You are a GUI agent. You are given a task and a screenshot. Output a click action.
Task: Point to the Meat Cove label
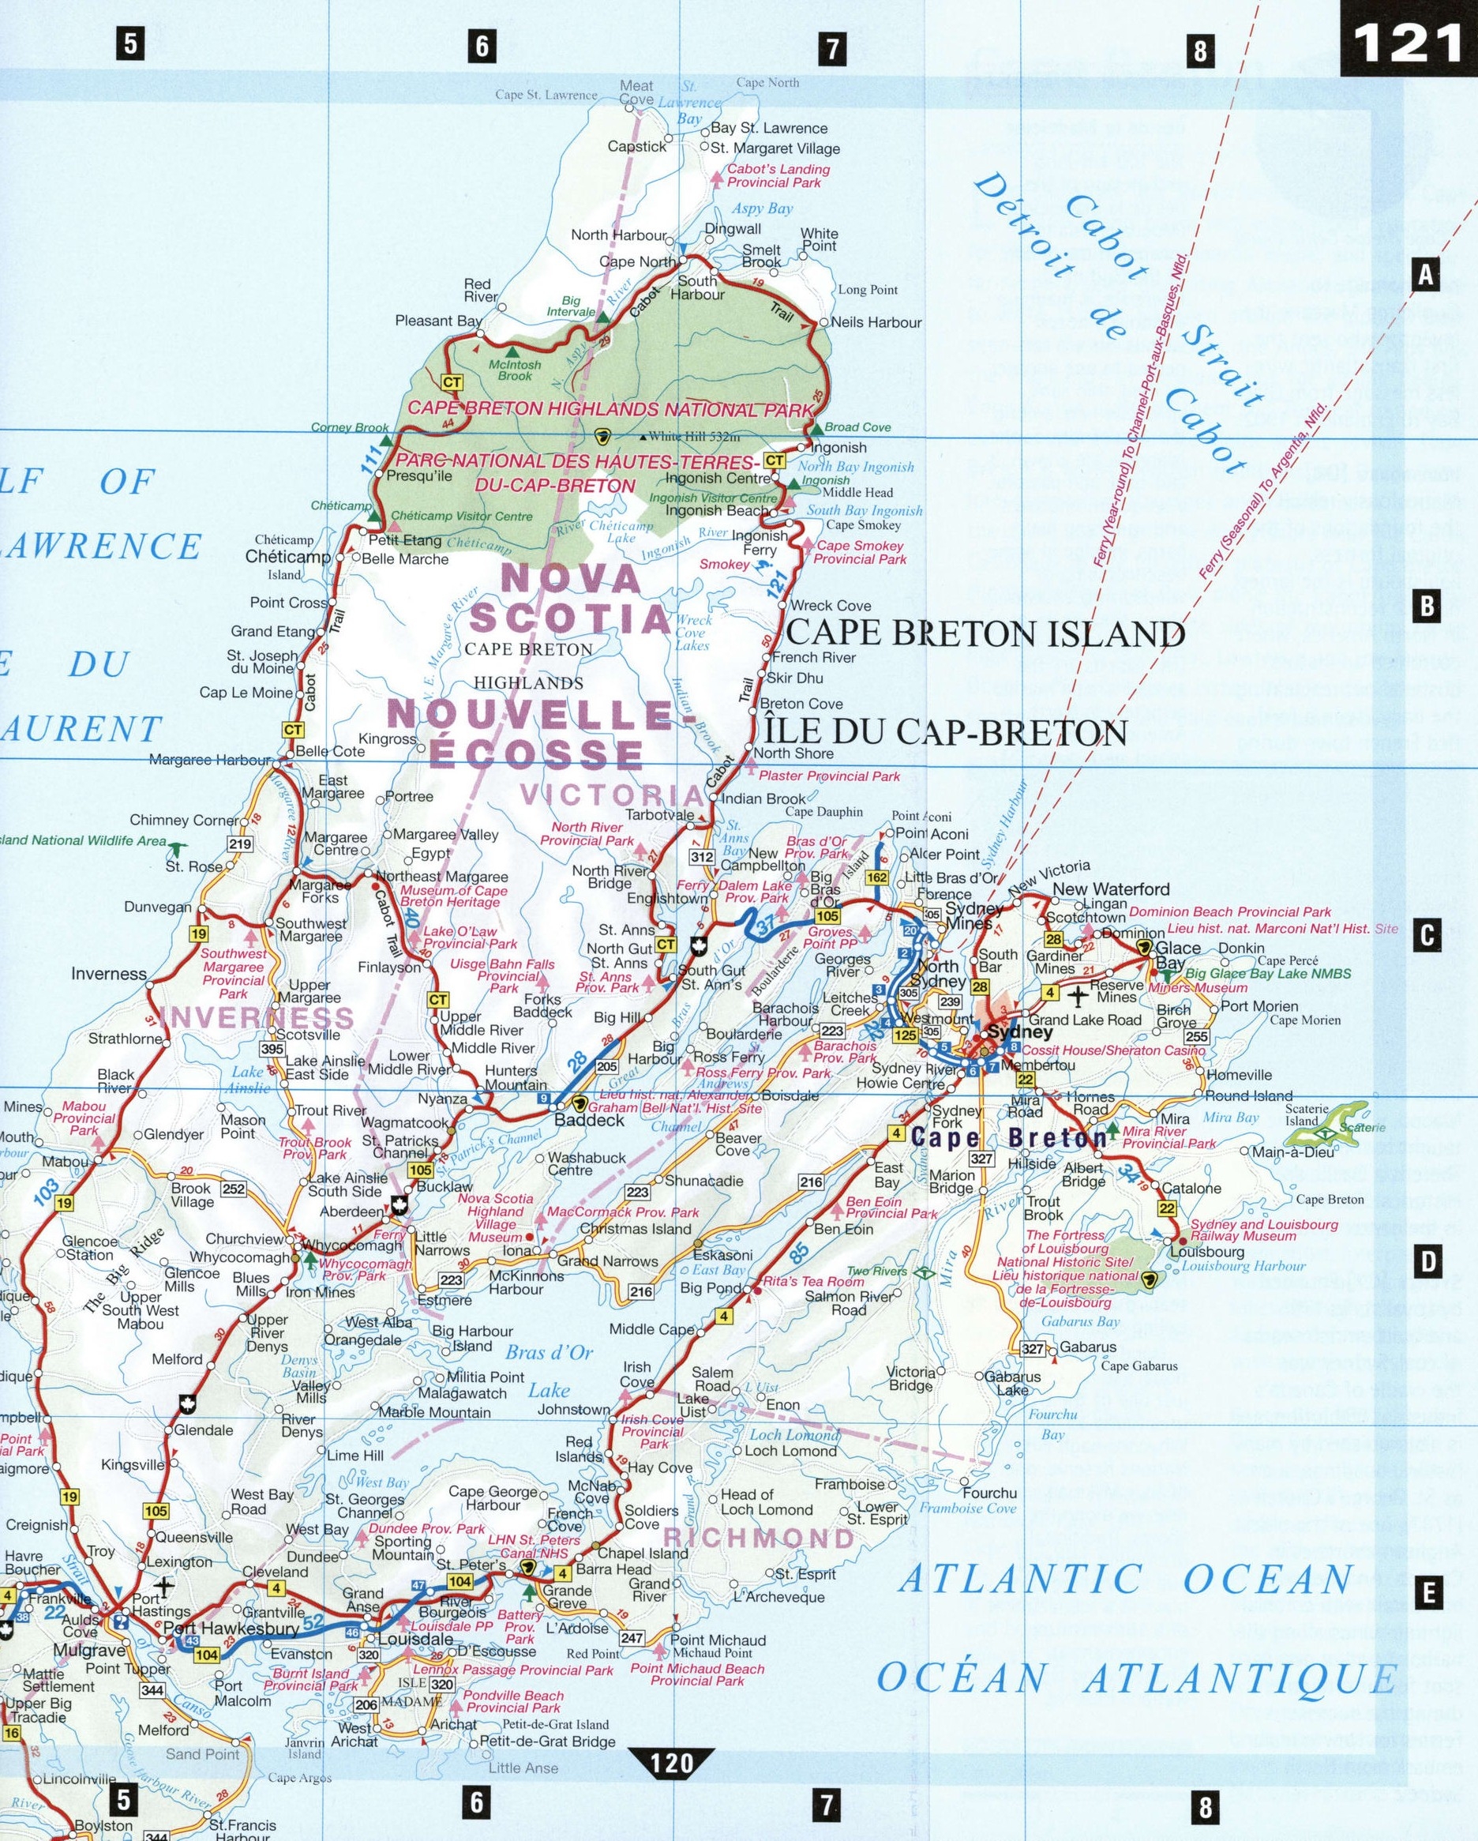coord(636,92)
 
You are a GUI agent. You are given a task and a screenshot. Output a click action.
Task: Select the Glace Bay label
coord(1177,956)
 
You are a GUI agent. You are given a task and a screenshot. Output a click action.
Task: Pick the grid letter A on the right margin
coord(1424,276)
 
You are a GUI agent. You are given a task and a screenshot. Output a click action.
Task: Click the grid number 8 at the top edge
coord(1199,51)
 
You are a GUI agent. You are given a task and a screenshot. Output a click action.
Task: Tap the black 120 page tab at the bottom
coord(671,1758)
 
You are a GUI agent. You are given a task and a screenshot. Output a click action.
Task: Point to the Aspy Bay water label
coord(762,209)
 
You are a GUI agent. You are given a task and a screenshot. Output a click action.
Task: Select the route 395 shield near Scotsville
coord(272,1050)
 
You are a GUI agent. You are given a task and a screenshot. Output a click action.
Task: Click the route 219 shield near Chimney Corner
coord(241,844)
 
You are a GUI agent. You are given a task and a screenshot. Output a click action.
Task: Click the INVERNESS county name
coord(256,1018)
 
